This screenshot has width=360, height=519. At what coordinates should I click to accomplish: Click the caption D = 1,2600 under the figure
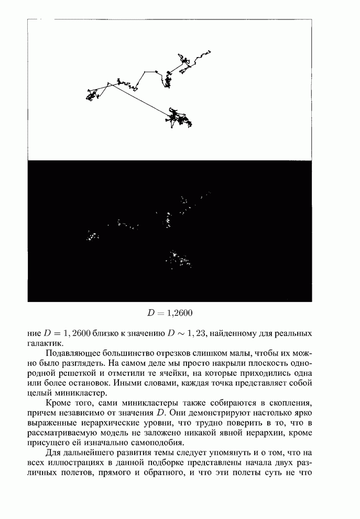pyautogui.click(x=170, y=313)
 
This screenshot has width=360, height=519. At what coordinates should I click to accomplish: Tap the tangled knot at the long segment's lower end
pyautogui.click(x=179, y=117)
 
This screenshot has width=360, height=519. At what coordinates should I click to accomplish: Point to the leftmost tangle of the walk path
pyautogui.click(x=93, y=95)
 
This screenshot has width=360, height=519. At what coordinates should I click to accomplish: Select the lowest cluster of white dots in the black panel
pyautogui.click(x=178, y=259)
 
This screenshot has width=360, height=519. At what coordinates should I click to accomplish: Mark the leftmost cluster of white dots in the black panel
pyautogui.click(x=93, y=236)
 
